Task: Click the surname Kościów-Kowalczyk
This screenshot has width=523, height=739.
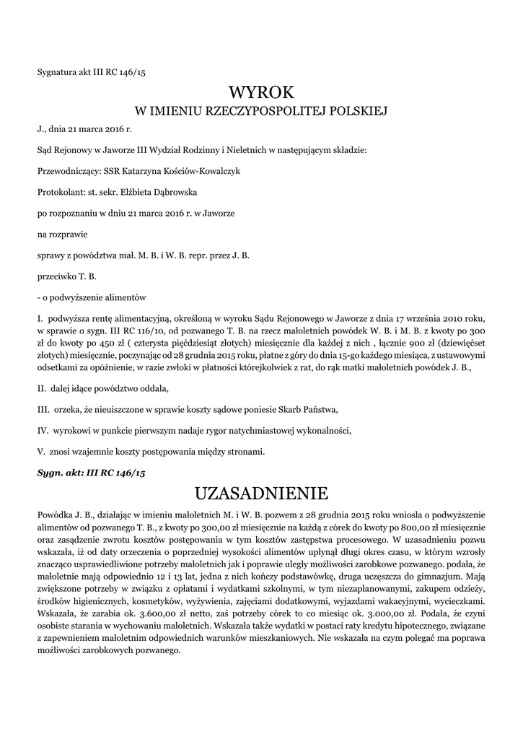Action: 198,172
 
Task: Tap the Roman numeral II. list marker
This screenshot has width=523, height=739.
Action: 41,389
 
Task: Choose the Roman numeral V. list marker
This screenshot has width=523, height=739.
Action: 40,452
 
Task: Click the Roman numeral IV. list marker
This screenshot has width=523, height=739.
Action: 42,431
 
